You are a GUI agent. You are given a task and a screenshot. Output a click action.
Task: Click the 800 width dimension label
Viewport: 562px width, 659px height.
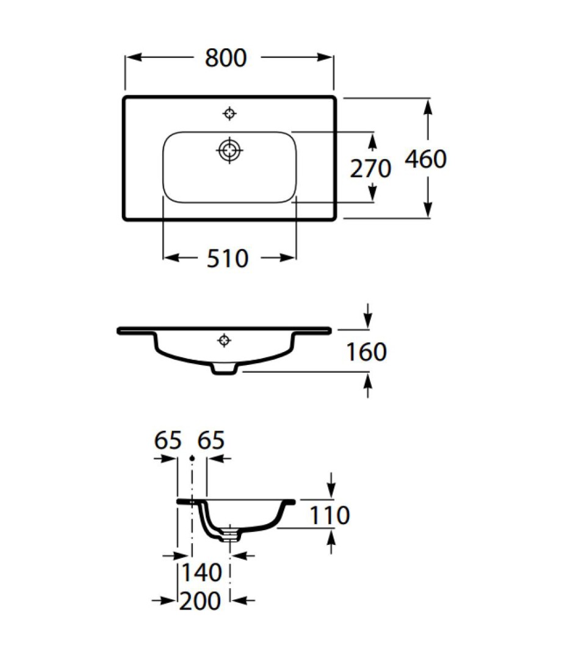pyautogui.click(x=226, y=58)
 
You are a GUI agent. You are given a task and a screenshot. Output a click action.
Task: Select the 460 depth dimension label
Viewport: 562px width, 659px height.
pyautogui.click(x=425, y=159)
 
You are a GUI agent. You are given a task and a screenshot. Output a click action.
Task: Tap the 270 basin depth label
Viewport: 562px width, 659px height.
pyautogui.click(x=370, y=168)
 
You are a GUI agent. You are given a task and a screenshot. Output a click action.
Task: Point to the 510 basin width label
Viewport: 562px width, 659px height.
pyautogui.click(x=228, y=259)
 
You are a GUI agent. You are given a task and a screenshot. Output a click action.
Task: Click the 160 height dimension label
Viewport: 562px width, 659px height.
pyautogui.click(x=366, y=352)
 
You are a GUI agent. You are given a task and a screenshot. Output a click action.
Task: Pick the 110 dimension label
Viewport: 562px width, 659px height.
pyautogui.click(x=330, y=515)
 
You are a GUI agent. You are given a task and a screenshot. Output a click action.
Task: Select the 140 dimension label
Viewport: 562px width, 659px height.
pyautogui.click(x=201, y=573)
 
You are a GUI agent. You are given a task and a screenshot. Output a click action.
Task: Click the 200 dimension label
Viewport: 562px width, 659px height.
pyautogui.click(x=200, y=600)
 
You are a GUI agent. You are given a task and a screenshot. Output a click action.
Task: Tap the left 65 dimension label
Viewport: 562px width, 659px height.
pyautogui.click(x=168, y=441)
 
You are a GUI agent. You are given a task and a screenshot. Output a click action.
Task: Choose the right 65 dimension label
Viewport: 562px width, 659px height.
pyautogui.click(x=211, y=441)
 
